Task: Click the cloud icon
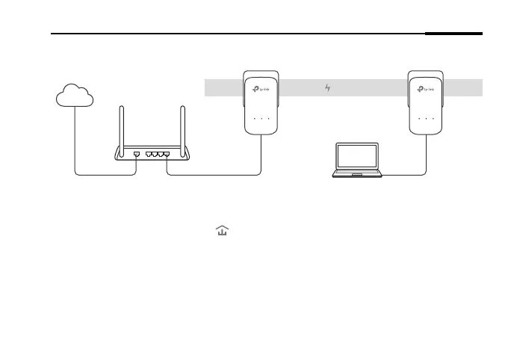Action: [75, 96]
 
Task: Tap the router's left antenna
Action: [122, 127]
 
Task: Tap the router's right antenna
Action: [182, 127]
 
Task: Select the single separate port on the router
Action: [136, 154]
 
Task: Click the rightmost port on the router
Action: [166, 154]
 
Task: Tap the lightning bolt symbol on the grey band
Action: [327, 89]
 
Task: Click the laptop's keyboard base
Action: [358, 174]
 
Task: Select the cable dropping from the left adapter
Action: [261, 153]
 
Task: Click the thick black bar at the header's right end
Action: [453, 34]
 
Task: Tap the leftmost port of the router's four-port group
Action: [149, 154]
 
